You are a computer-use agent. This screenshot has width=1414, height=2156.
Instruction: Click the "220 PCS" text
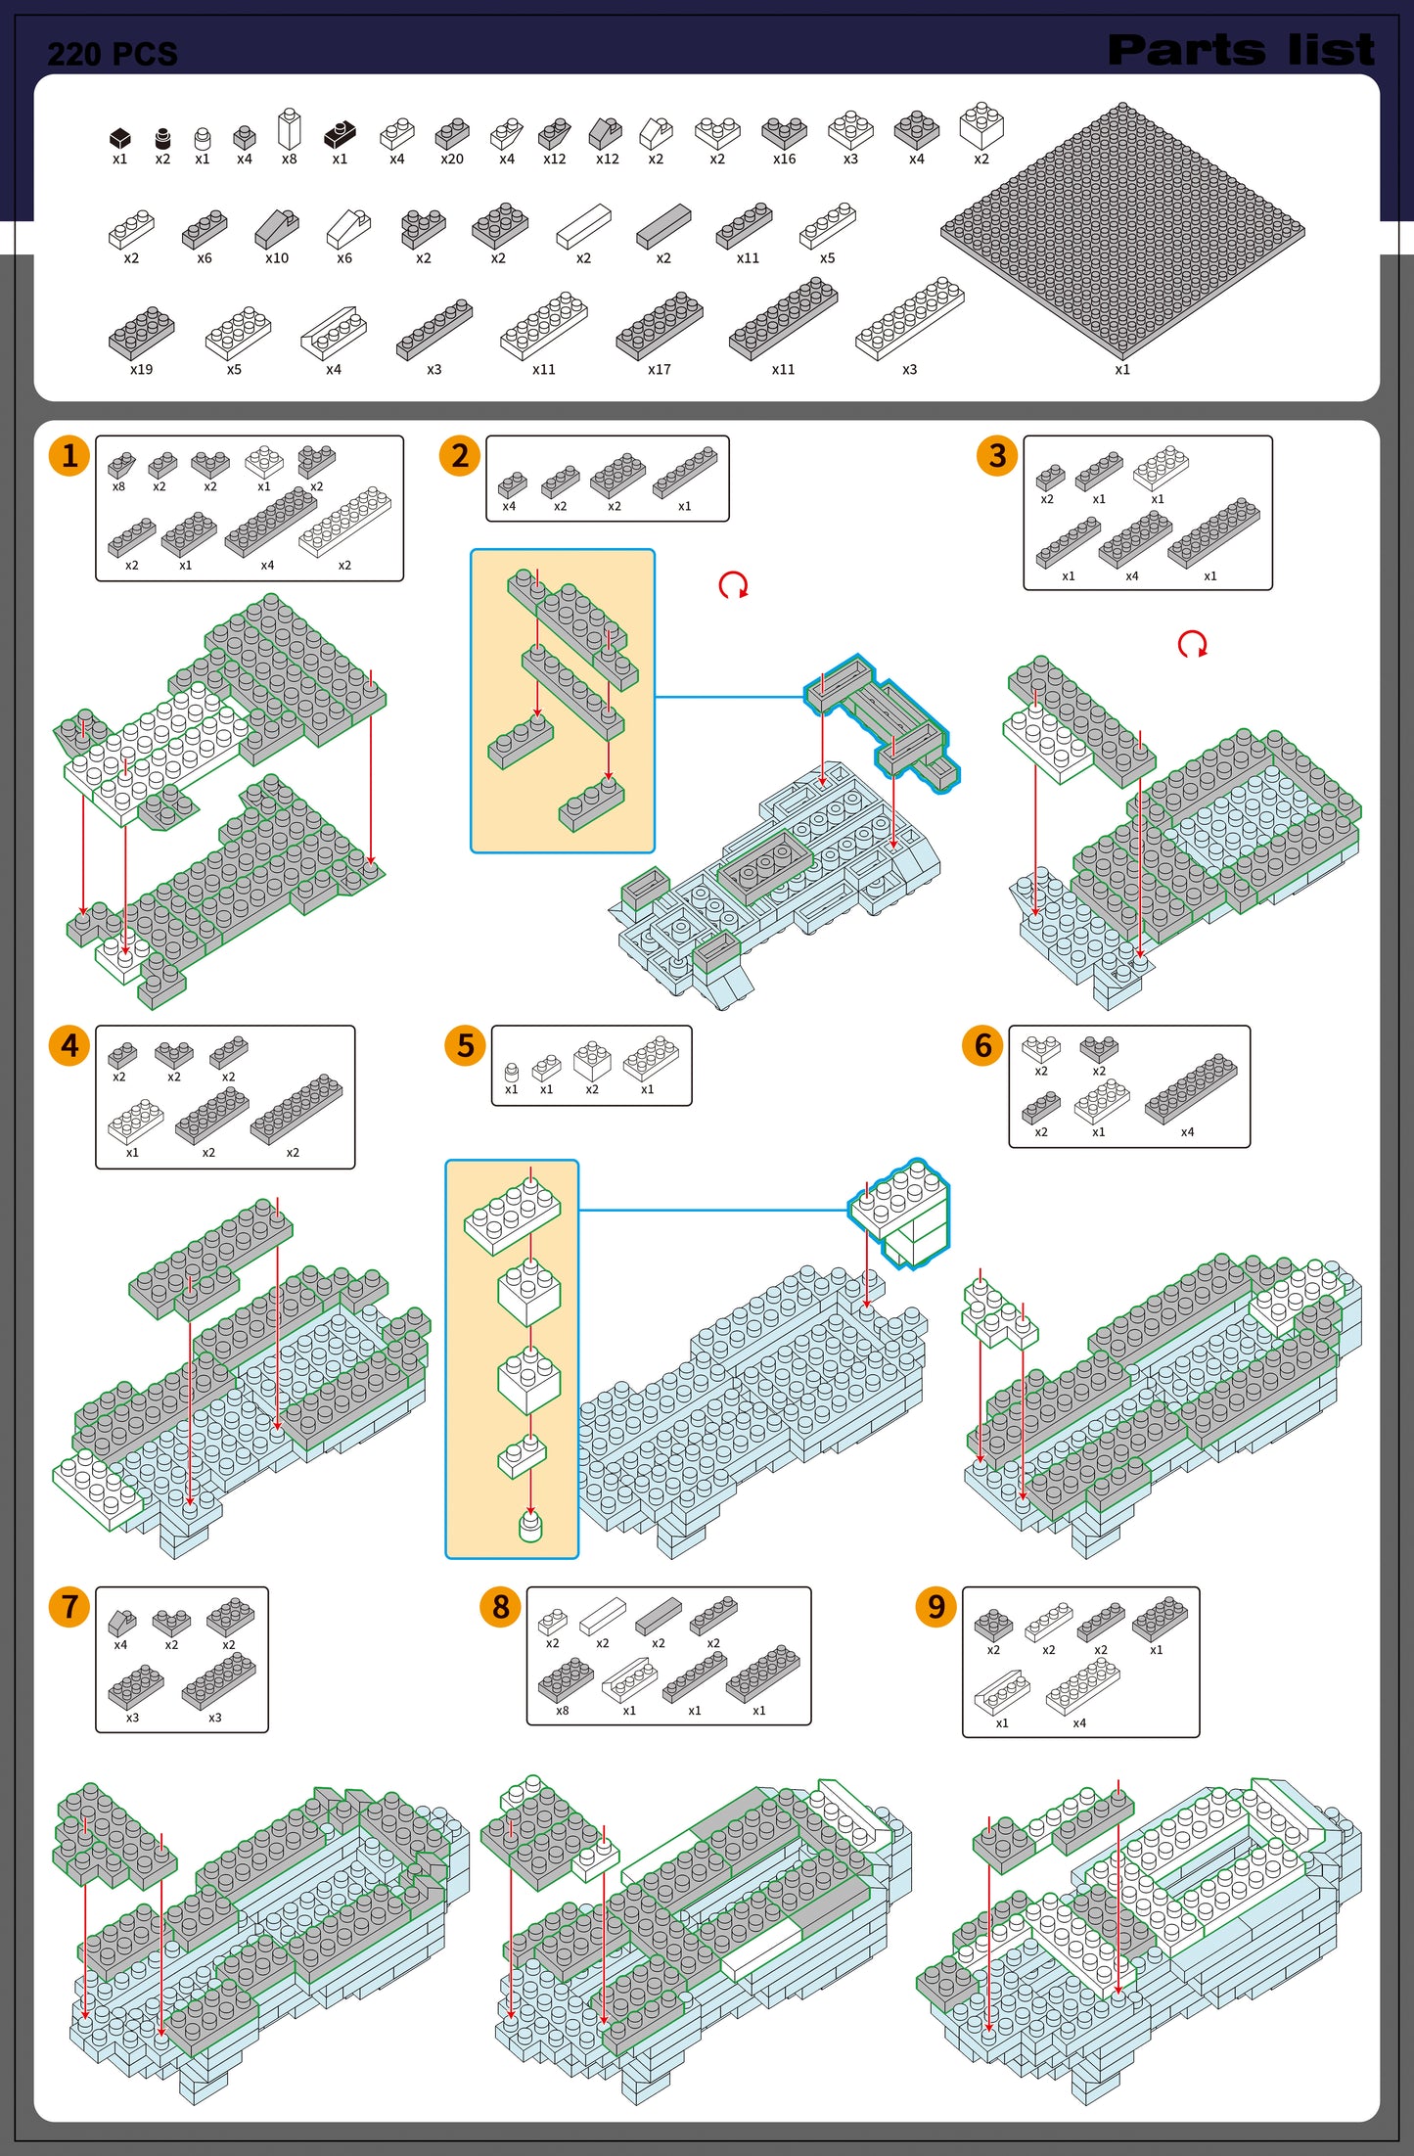pyautogui.click(x=113, y=54)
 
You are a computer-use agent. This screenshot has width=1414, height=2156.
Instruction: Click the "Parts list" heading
pyautogui.click(x=1241, y=50)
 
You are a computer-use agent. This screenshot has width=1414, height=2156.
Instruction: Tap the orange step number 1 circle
pyautogui.click(x=69, y=455)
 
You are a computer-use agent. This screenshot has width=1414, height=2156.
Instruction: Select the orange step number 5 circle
pyautogui.click(x=465, y=1045)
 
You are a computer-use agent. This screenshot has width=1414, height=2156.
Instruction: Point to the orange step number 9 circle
pyautogui.click(x=936, y=1607)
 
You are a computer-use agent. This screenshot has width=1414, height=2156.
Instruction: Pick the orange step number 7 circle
pyautogui.click(x=69, y=1607)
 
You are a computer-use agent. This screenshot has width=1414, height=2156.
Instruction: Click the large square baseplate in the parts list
pyautogui.click(x=1122, y=229)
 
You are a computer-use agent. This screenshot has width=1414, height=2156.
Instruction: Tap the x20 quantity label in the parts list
pyautogui.click(x=452, y=159)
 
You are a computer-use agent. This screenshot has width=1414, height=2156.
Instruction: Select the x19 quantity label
pyautogui.click(x=142, y=369)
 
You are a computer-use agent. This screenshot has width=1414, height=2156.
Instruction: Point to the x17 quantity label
pyautogui.click(x=660, y=369)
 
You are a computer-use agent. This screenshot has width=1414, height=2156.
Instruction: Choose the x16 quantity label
pyautogui.click(x=785, y=159)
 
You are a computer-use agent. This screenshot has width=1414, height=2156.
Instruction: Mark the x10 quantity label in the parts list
pyautogui.click(x=277, y=258)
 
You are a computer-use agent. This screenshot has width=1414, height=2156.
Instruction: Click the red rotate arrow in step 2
pyautogui.click(x=733, y=585)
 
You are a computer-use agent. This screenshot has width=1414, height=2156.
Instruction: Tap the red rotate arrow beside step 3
pyautogui.click(x=1192, y=644)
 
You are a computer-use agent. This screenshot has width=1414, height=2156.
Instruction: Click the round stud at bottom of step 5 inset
pyautogui.click(x=530, y=1526)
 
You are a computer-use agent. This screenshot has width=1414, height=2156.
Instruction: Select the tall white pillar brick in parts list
pyautogui.click(x=289, y=128)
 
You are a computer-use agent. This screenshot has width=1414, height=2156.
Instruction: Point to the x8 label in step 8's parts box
pyautogui.click(x=563, y=1711)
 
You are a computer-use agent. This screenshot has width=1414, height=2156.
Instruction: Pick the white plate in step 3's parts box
pyautogui.click(x=1161, y=468)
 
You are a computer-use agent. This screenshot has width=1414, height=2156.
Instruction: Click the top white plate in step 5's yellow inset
pyautogui.click(x=512, y=1216)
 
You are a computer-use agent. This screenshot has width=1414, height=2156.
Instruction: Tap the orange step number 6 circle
pyautogui.click(x=982, y=1045)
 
